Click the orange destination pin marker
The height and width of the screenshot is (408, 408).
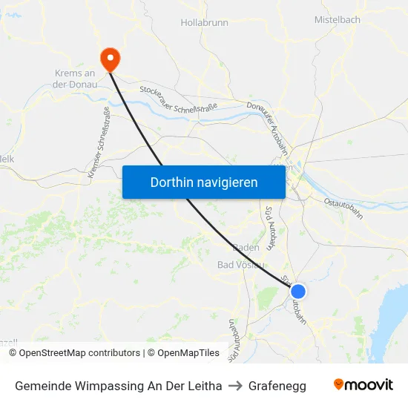coord(111,58)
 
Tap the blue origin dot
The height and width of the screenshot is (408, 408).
coord(298,292)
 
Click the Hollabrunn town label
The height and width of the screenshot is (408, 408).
coord(204,22)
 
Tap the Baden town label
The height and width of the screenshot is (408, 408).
coord(246,247)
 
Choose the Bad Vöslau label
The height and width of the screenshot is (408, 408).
coord(240,265)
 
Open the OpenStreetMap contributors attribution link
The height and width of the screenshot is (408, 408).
coord(79,353)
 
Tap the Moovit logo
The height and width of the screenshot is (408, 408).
coord(363,385)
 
